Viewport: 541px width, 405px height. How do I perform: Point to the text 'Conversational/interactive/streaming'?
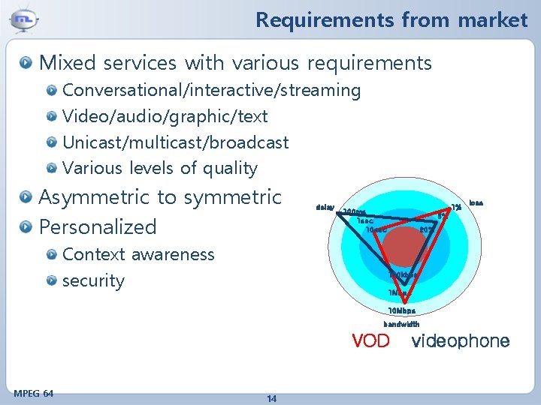click(211, 91)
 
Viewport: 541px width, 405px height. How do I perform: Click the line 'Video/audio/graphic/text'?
click(165, 116)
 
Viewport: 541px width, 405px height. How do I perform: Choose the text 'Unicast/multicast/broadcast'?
click(175, 142)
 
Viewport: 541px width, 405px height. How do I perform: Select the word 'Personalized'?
click(97, 226)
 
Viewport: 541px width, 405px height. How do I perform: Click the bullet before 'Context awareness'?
click(51, 255)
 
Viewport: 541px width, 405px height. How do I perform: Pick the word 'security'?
click(93, 281)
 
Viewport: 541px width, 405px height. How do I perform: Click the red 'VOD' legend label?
click(371, 342)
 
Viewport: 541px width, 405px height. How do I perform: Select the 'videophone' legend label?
click(461, 342)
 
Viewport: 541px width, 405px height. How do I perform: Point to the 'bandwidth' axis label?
click(401, 325)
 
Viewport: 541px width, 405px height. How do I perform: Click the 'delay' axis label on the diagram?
click(325, 206)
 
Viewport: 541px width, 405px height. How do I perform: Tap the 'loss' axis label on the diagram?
click(476, 202)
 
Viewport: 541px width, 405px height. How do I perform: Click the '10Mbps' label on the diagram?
click(401, 310)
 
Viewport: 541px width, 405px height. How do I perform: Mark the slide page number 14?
click(271, 398)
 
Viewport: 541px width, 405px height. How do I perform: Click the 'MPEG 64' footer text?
click(34, 393)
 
